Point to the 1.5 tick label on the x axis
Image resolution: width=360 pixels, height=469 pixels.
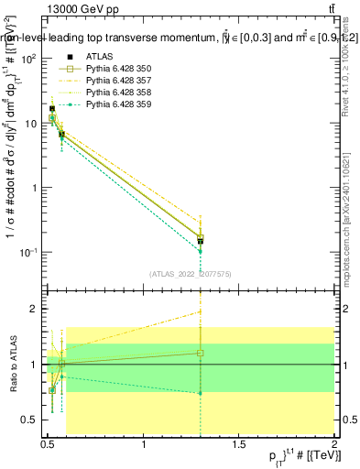240,444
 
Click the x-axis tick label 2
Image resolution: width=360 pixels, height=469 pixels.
335,444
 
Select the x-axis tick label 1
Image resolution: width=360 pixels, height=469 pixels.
145,444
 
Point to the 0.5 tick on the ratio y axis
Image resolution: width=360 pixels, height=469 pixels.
33,420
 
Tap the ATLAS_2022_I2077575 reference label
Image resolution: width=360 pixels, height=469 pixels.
189,274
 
